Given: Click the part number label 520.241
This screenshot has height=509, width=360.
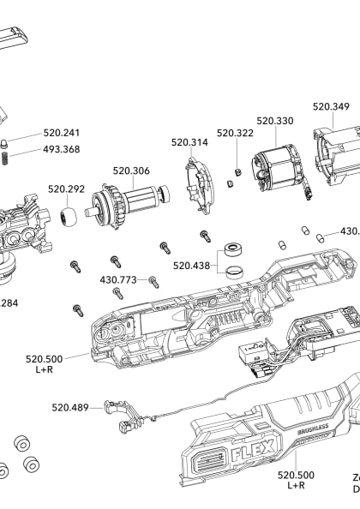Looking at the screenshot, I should click(62, 133).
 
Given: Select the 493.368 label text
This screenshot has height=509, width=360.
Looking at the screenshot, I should click(62, 149).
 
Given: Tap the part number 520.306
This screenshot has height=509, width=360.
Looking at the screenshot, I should click(131, 171).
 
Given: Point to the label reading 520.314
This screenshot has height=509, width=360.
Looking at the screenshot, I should click(189, 142).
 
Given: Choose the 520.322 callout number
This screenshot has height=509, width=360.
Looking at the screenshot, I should click(235, 133).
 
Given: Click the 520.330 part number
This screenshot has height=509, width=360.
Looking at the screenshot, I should click(274, 121).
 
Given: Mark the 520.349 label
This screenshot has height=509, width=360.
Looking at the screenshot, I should click(331, 107).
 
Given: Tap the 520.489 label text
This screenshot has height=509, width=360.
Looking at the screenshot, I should click(70, 407).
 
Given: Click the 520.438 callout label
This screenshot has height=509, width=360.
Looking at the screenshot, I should click(192, 242).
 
